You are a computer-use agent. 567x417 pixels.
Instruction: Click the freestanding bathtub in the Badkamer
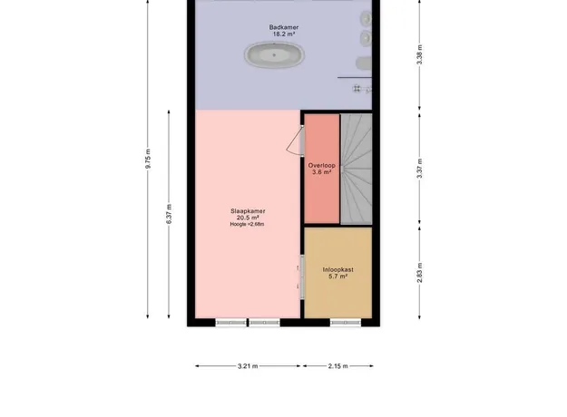pyautogui.click(x=274, y=55)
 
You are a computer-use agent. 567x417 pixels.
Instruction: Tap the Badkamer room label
pyautogui.click(x=284, y=27)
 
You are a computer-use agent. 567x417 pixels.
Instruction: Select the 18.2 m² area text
pyautogui.click(x=284, y=34)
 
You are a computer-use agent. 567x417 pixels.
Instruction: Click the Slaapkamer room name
pyautogui.click(x=248, y=211)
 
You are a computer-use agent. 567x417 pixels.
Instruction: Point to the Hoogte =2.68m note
pyautogui.click(x=247, y=224)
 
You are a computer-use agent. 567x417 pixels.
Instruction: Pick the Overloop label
pyautogui.click(x=322, y=166)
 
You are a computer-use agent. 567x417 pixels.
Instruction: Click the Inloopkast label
pyautogui.click(x=338, y=269)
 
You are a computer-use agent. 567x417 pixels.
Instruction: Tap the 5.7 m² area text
pyautogui.click(x=338, y=276)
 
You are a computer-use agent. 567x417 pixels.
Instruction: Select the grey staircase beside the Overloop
pyautogui.click(x=357, y=169)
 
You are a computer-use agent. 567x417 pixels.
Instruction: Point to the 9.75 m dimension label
pyautogui.click(x=148, y=159)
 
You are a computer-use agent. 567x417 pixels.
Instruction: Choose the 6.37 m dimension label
pyautogui.click(x=169, y=214)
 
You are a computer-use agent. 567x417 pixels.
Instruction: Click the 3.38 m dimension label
pyautogui.click(x=419, y=54)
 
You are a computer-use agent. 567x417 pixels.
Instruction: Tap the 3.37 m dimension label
pyautogui.click(x=419, y=169)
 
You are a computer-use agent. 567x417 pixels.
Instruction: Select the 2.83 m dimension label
pyautogui.click(x=419, y=273)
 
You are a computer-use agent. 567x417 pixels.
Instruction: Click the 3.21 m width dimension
pyautogui.click(x=248, y=366)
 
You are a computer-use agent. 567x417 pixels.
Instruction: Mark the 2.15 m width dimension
pyautogui.click(x=338, y=366)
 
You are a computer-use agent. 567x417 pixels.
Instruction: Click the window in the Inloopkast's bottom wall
pyautogui.click(x=346, y=323)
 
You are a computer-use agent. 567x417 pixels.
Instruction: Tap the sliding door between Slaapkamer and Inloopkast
pyautogui.click(x=301, y=276)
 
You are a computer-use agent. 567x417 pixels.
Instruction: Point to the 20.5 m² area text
pyautogui.click(x=248, y=218)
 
